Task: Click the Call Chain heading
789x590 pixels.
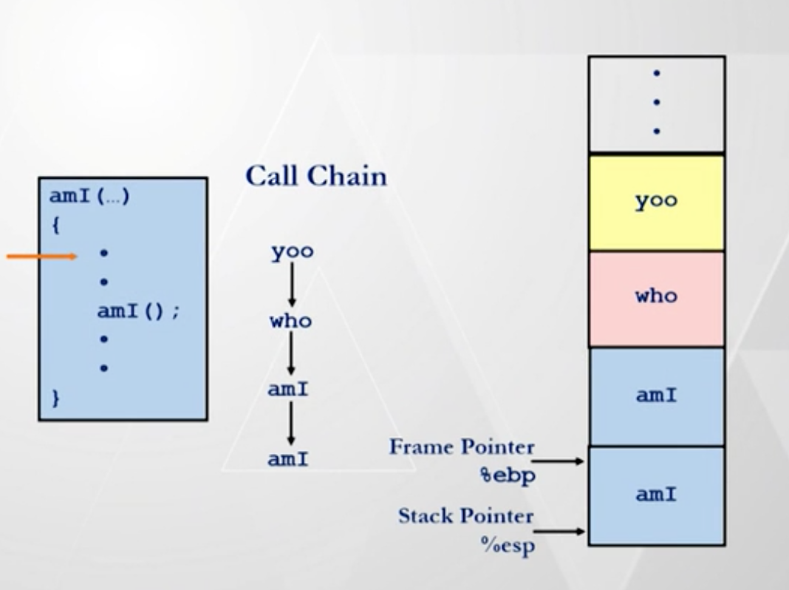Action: click(x=315, y=176)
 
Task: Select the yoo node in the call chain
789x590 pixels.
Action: click(x=292, y=252)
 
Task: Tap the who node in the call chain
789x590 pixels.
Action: click(x=291, y=322)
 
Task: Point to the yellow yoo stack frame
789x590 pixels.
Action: click(x=656, y=202)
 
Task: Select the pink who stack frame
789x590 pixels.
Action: click(x=656, y=298)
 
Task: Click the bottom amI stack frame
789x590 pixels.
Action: click(x=656, y=495)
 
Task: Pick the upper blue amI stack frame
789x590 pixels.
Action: click(x=656, y=396)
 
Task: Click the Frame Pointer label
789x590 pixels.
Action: click(x=462, y=447)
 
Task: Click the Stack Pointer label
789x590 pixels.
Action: click(x=466, y=516)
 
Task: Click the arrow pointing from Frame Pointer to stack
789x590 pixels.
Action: click(x=559, y=461)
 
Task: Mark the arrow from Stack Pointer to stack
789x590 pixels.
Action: click(x=559, y=531)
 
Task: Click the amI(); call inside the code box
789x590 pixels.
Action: click(x=138, y=311)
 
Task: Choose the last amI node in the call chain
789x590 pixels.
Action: click(x=288, y=459)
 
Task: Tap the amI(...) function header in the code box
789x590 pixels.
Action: click(x=89, y=197)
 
